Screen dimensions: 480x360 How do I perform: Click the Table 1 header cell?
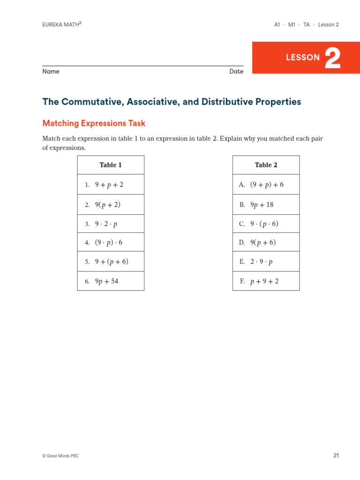111,165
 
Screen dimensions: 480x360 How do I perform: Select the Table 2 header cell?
266,165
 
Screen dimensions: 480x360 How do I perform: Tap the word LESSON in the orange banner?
303,58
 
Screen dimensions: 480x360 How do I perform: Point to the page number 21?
336,455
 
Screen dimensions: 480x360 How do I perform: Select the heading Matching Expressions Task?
94,123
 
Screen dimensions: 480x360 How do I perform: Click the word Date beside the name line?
236,72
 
